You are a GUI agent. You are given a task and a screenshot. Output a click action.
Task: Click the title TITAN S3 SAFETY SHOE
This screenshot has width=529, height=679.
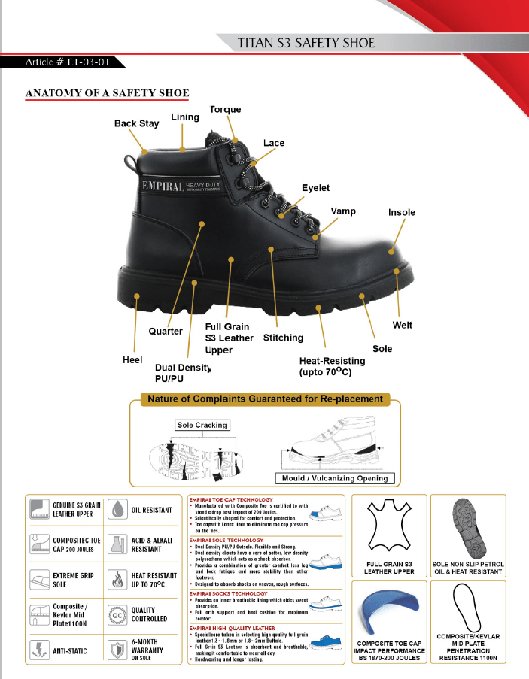(306, 43)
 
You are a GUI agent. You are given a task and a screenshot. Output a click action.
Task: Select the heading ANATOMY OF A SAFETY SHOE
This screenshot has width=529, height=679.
(107, 93)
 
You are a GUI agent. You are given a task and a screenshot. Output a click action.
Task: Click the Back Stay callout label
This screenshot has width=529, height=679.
(136, 123)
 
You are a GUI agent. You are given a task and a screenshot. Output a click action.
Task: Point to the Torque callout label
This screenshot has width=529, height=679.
(225, 110)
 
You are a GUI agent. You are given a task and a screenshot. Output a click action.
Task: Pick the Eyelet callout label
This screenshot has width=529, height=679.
(315, 188)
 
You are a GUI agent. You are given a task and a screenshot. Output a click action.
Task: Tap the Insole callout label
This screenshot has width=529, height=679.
(401, 213)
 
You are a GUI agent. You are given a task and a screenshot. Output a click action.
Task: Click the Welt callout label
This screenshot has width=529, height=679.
(402, 325)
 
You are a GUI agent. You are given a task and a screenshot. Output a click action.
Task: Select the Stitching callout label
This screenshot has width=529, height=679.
(283, 338)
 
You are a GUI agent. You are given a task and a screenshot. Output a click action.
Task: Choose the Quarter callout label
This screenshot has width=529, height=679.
(166, 331)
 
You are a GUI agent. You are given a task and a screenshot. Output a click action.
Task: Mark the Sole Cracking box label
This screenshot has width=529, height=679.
(202, 426)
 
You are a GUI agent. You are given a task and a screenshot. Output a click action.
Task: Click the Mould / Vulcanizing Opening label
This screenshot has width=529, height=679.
(335, 477)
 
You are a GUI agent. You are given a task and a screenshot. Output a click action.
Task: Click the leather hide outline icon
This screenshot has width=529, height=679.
(390, 527)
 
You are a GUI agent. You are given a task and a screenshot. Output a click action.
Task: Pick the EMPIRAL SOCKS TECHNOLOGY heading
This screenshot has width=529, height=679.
(228, 594)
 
